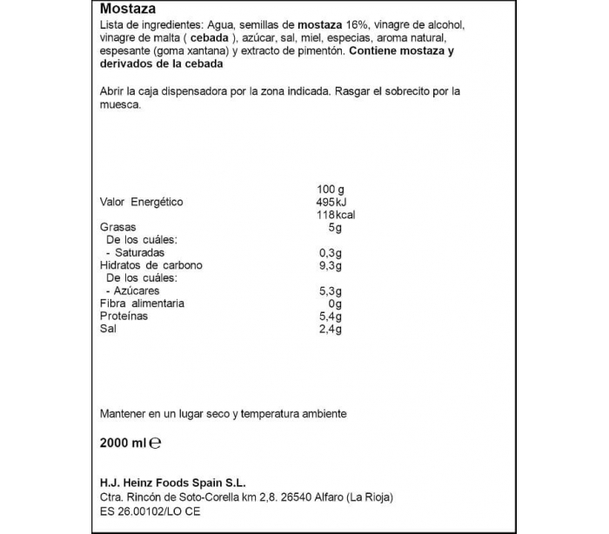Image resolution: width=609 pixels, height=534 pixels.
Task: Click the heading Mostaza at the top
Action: point(127,9)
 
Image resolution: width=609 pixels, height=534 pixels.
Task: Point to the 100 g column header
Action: point(331,189)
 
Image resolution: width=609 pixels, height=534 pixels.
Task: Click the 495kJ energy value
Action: point(331,202)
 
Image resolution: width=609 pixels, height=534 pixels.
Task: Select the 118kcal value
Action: point(333,215)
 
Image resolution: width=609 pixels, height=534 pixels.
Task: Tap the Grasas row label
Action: point(117,227)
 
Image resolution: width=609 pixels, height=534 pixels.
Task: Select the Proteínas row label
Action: point(124,316)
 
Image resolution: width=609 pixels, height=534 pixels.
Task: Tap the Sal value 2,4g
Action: point(331,329)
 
